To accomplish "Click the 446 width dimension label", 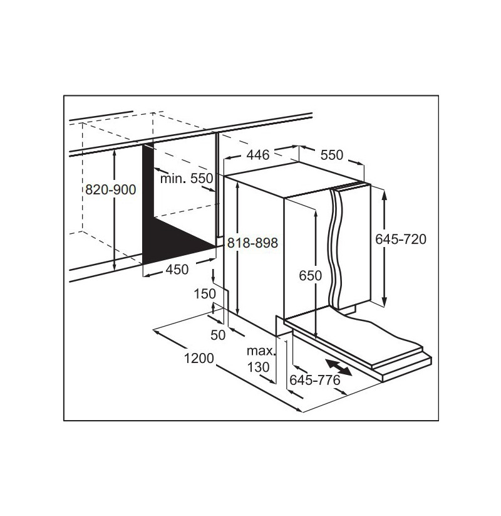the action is click(x=258, y=155).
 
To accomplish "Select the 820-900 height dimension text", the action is click(x=110, y=189).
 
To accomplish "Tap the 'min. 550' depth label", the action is click(x=187, y=178).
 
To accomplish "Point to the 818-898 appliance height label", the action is click(x=252, y=243).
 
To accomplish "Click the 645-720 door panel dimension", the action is click(x=401, y=240).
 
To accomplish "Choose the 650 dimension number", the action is click(x=311, y=275).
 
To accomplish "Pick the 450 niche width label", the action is click(x=177, y=270).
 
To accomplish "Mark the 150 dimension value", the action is click(x=205, y=294).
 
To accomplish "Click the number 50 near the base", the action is click(x=218, y=335).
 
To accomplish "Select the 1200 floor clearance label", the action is click(x=199, y=358).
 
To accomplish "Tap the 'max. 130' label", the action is click(x=261, y=359).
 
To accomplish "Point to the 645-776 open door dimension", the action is click(x=314, y=380).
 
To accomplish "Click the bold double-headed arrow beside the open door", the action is click(x=338, y=367).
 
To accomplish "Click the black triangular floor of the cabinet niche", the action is click(x=174, y=242).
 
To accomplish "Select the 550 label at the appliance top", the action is click(x=332, y=155).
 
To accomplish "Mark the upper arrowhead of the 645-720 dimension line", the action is click(x=385, y=194).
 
